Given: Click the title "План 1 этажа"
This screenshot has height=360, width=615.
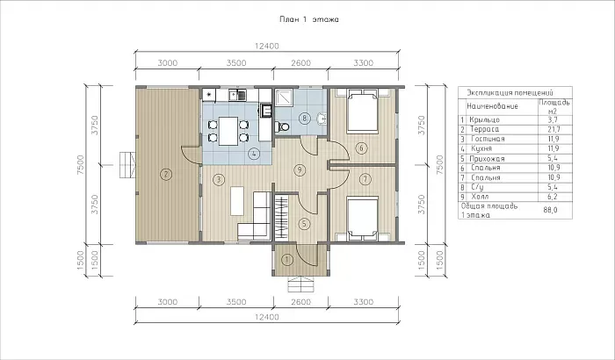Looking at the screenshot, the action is pyautogui.click(x=309, y=19).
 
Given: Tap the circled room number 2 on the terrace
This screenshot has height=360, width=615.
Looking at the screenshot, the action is pyautogui.click(x=166, y=174).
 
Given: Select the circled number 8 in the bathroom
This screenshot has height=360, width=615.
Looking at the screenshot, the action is pyautogui.click(x=304, y=118).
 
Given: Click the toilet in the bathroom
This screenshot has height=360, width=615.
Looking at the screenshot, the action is pyautogui.click(x=282, y=126).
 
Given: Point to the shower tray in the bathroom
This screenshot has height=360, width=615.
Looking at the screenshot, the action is pyautogui.click(x=283, y=98).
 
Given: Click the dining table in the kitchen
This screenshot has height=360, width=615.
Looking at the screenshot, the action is pyautogui.click(x=228, y=131).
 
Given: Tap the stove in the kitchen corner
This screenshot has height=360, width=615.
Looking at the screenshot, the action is pyautogui.click(x=209, y=95).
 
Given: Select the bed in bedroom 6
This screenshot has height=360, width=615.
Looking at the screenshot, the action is pyautogui.click(x=363, y=111).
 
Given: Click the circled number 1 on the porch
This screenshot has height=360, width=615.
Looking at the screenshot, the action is pyautogui.click(x=288, y=260).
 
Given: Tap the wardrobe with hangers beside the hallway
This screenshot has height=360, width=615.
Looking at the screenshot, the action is pyautogui.click(x=281, y=218).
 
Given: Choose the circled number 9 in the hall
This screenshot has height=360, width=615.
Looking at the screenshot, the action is pyautogui.click(x=300, y=170).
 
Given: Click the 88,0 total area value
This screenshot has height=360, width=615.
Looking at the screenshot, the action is pyautogui.click(x=550, y=210).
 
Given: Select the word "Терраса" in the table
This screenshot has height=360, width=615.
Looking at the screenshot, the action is pyautogui.click(x=485, y=129).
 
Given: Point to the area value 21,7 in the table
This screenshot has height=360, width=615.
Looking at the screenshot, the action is pyautogui.click(x=553, y=129).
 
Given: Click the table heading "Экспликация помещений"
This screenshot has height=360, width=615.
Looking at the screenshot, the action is pyautogui.click(x=510, y=93).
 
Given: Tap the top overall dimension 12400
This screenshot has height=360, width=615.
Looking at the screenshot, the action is pyautogui.click(x=267, y=47).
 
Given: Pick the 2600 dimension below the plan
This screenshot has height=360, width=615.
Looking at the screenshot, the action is pyautogui.click(x=300, y=302).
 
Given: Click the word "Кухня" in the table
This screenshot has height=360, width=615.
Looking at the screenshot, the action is pyautogui.click(x=481, y=148).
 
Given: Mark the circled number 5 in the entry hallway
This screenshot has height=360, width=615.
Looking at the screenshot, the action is pyautogui.click(x=304, y=224).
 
